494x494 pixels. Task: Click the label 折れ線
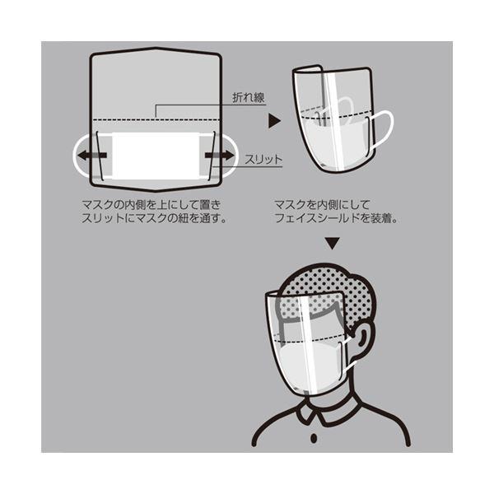(x=249, y=98)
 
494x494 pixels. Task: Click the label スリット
(x=263, y=160)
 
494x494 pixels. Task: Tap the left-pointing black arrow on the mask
(x=92, y=156)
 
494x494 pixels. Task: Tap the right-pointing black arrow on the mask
(x=220, y=156)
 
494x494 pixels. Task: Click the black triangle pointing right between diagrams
(x=274, y=121)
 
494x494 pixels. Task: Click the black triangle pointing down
(x=332, y=243)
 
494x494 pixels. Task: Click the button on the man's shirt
(x=314, y=438)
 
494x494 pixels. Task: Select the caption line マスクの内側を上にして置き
(x=151, y=205)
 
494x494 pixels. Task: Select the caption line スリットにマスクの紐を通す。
(x=155, y=218)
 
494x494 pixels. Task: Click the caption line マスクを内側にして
(x=322, y=205)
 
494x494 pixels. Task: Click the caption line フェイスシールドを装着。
(x=336, y=218)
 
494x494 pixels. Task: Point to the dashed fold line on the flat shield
(x=156, y=119)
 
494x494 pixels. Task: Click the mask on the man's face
(x=312, y=366)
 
